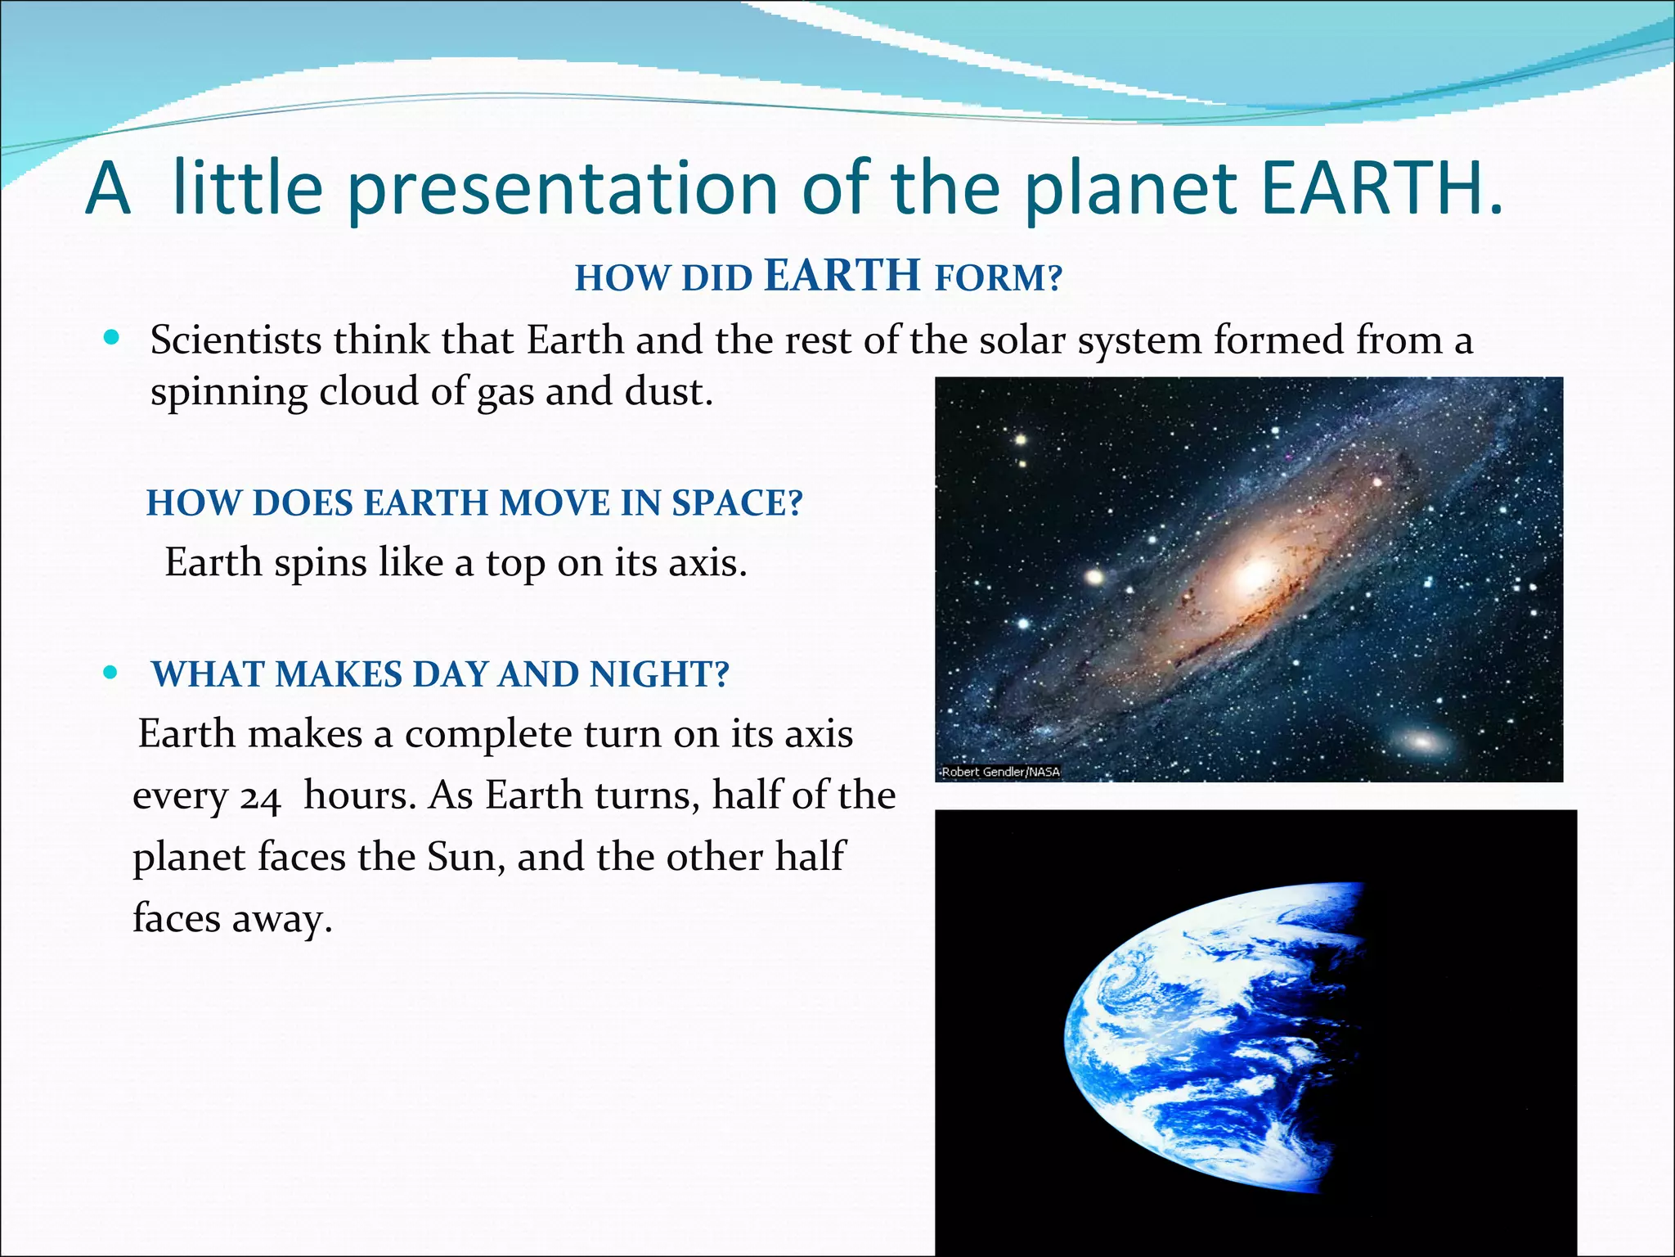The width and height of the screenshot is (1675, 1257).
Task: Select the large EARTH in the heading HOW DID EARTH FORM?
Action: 842,275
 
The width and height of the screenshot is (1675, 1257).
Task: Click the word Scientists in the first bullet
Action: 236,340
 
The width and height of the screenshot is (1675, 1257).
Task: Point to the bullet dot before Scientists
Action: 113,338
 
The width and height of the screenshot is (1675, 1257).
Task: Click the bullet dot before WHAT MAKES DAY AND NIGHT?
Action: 112,674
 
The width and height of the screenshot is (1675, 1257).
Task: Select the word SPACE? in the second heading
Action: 737,502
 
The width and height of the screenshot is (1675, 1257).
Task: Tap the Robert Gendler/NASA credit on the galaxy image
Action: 999,772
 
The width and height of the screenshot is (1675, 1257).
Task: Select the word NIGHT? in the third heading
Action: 659,674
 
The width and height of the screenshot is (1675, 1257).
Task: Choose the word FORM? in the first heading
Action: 999,278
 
